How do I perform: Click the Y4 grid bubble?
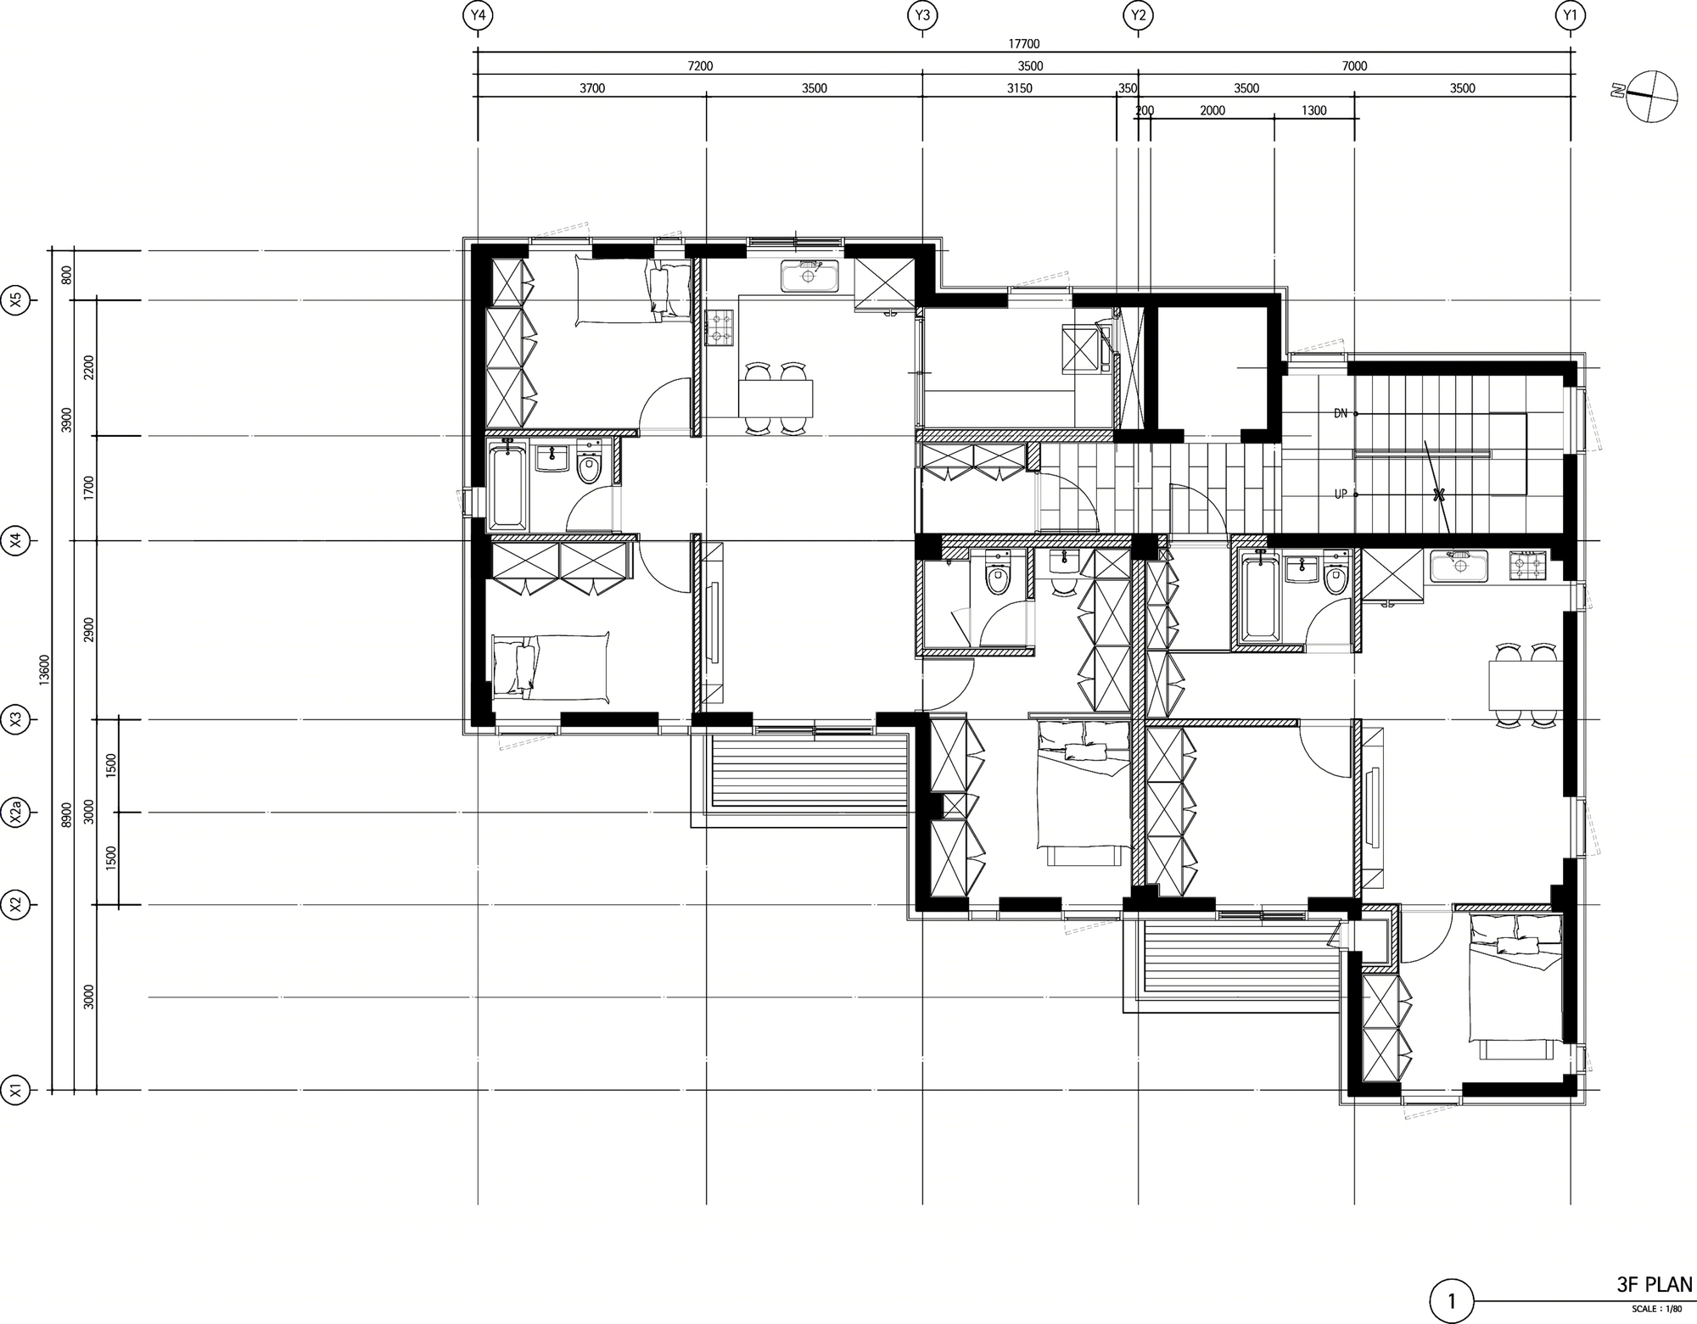(x=478, y=14)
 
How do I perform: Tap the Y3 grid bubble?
(x=922, y=14)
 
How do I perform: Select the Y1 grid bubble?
(x=1571, y=14)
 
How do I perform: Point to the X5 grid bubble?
(x=16, y=300)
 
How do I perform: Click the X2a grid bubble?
(x=16, y=813)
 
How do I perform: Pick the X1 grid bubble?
(x=16, y=1090)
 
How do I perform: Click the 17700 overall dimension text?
(x=1024, y=44)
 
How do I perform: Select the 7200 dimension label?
(x=700, y=66)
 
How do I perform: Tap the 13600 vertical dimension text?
(x=45, y=669)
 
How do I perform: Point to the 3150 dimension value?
(x=1019, y=88)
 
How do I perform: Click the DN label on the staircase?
(x=1341, y=414)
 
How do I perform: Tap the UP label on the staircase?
(x=1341, y=494)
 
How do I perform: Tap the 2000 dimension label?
(x=1213, y=110)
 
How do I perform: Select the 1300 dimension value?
(x=1313, y=110)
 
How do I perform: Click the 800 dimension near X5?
(x=67, y=275)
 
